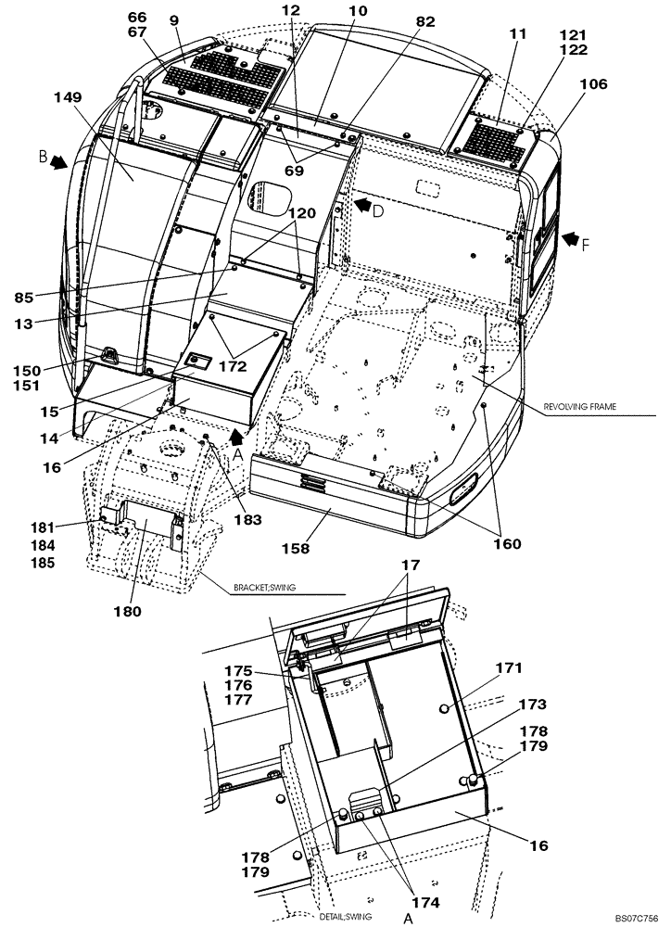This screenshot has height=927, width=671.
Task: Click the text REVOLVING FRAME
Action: click(587, 405)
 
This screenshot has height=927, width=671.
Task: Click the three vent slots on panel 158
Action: click(313, 484)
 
